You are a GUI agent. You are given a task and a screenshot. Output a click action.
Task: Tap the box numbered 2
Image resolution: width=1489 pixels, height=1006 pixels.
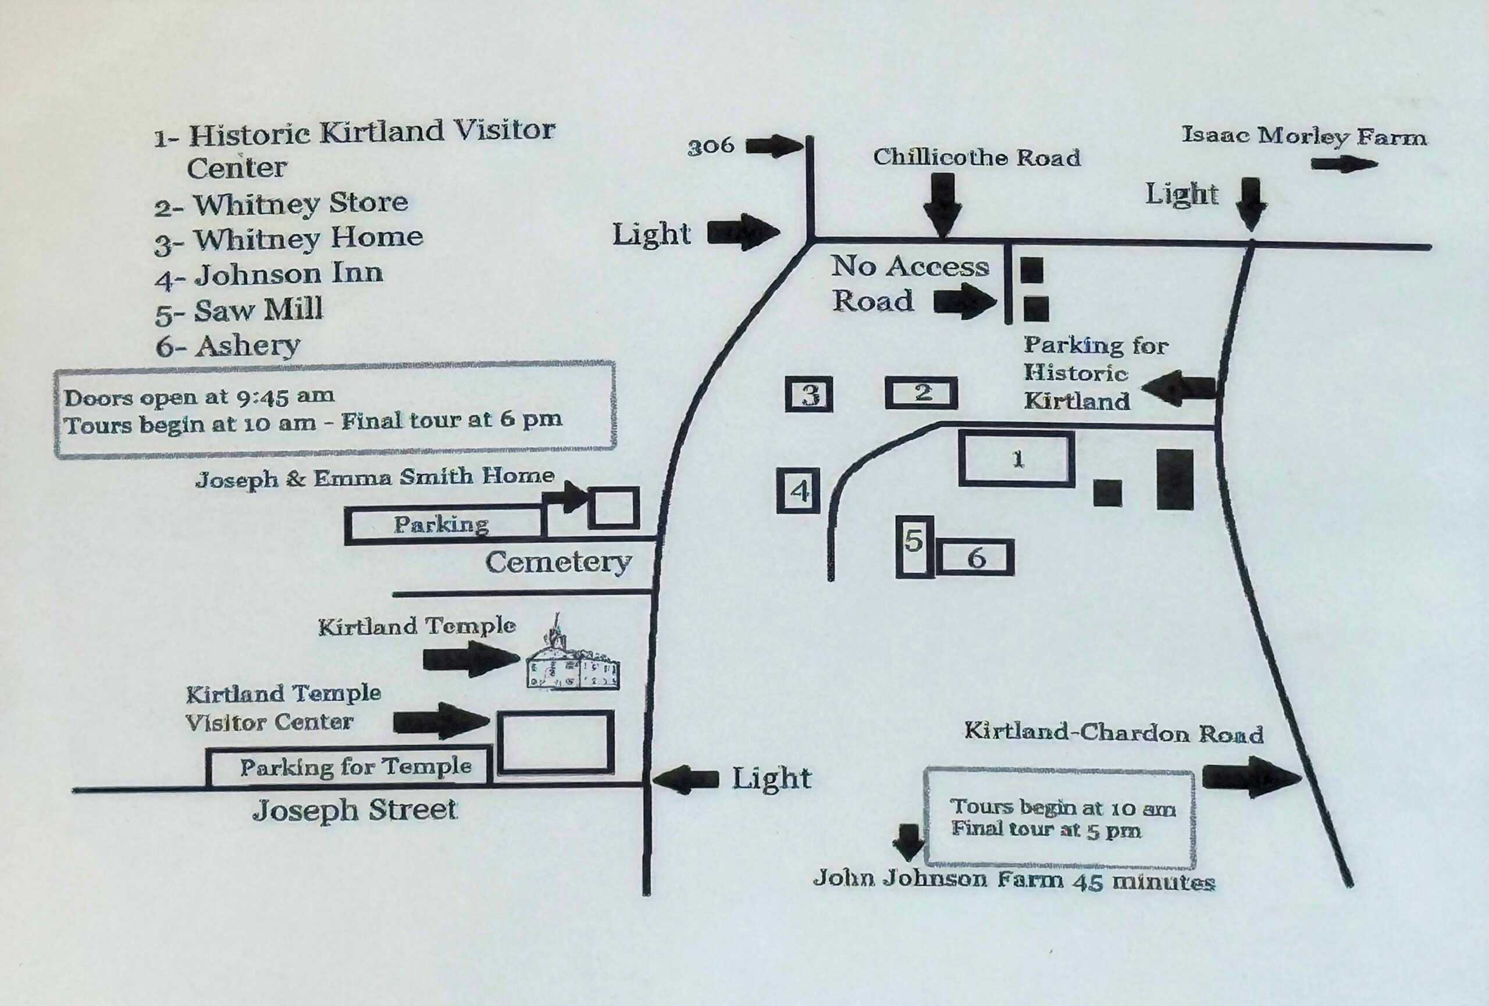921,393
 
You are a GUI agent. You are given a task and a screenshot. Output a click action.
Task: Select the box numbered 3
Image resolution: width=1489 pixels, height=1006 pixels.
809,394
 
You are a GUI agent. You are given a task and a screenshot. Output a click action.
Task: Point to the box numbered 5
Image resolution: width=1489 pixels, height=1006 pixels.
914,545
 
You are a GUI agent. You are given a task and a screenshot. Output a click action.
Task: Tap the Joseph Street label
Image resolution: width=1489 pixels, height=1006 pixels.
354,811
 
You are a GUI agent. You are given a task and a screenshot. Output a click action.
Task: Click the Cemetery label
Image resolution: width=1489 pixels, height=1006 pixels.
558,563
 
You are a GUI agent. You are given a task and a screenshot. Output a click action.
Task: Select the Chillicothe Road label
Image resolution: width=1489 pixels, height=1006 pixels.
977,158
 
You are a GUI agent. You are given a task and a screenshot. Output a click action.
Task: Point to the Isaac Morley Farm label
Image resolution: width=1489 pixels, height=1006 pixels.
1304,137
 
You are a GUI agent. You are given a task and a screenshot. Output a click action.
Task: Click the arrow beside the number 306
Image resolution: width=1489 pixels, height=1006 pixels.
774,146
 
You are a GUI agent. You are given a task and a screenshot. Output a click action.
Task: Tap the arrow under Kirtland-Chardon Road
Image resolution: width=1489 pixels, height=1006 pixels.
1251,777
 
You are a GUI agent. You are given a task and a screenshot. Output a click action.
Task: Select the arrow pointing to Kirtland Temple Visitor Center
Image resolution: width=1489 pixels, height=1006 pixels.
441,721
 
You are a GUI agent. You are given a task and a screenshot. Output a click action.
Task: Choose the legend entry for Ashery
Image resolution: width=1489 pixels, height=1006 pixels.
228,347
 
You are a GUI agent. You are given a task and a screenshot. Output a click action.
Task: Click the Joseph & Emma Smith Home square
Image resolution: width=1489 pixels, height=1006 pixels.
614,508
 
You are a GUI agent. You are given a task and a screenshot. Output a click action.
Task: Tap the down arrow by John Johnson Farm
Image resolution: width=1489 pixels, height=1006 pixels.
908,842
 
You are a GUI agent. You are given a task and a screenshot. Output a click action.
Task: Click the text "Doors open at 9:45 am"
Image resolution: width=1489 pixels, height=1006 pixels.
200,398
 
